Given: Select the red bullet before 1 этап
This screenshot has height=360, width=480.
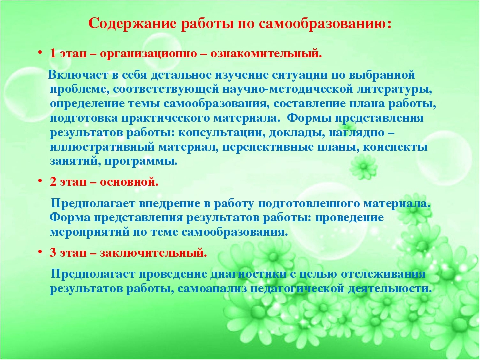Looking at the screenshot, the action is coord(40,53).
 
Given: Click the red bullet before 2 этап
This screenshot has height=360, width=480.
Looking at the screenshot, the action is coord(40,181).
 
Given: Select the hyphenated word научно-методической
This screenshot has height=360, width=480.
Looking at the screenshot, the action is coord(287,89).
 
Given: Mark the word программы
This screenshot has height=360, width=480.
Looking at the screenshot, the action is coord(141,162).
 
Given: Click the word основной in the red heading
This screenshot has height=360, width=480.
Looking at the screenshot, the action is coord(129,182).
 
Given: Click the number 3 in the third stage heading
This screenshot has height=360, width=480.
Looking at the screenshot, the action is coord(53,253).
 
